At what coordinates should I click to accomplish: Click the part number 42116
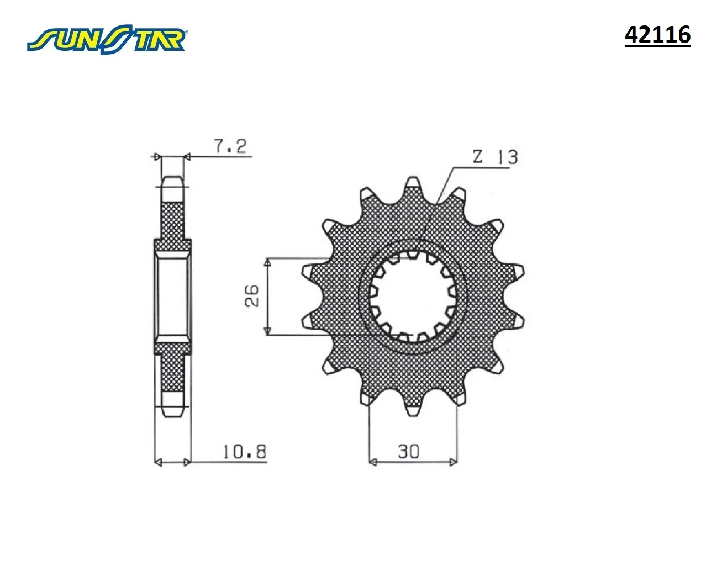click(x=657, y=35)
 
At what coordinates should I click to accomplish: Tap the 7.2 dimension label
click(x=230, y=146)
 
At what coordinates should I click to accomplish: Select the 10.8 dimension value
click(x=245, y=452)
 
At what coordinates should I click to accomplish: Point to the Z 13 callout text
click(x=495, y=157)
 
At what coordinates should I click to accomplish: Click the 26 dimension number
click(x=252, y=296)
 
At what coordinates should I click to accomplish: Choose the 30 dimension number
click(x=408, y=452)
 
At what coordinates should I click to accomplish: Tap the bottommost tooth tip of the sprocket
click(x=412, y=416)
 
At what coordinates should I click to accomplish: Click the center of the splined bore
click(x=413, y=297)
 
